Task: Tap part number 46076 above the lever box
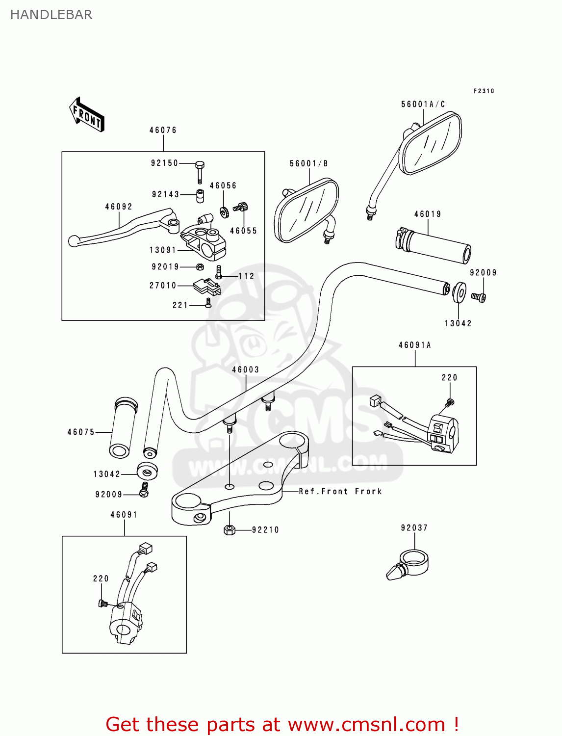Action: click(163, 130)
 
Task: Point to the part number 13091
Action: click(163, 250)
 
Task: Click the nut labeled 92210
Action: click(229, 530)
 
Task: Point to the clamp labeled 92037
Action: click(409, 565)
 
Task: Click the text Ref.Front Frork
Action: click(340, 491)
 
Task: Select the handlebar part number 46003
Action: click(245, 369)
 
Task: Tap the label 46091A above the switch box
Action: click(414, 345)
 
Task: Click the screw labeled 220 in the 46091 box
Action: click(103, 603)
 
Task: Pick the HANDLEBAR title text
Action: click(51, 15)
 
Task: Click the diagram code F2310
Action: click(484, 91)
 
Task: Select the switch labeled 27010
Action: click(206, 286)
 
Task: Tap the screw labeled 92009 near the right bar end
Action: click(478, 296)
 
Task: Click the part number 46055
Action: click(243, 231)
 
